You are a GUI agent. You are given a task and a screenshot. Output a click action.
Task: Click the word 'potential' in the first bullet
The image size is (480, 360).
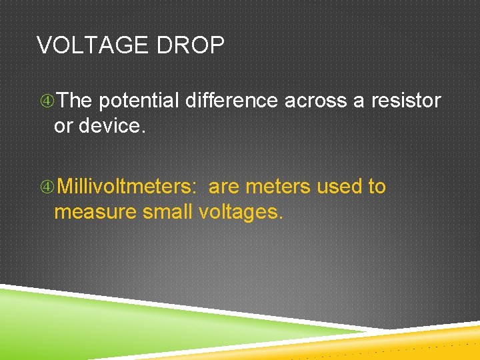coord(139,101)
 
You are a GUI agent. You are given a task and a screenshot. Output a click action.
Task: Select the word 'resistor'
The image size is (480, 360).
coord(406,101)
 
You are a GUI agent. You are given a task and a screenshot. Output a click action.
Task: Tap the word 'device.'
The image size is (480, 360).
coord(111,125)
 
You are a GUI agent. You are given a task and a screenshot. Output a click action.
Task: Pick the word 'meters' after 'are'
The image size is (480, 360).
coord(278,187)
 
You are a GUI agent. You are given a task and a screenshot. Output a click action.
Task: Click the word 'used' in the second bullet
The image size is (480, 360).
coord(339,187)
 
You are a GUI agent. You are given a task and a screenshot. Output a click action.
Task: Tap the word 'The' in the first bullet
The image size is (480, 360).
coord(75,101)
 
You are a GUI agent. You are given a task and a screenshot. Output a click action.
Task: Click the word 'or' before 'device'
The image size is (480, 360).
coord(63,126)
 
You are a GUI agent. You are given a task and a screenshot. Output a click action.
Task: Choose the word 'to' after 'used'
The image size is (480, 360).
coord(377,187)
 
